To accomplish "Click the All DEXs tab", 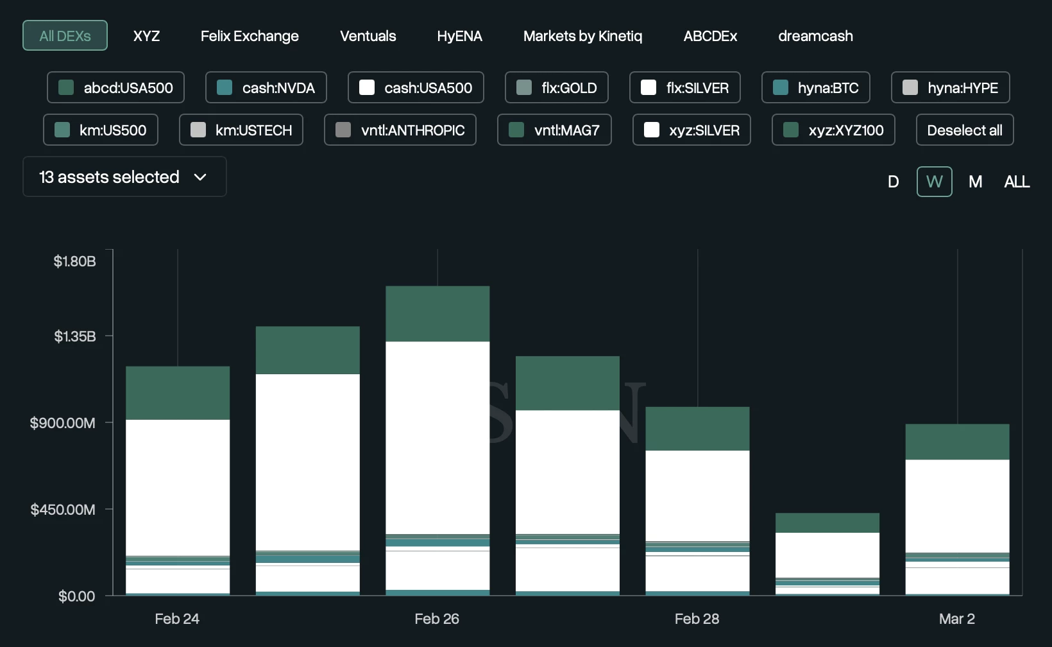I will tap(65, 36).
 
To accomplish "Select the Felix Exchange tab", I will tap(250, 36).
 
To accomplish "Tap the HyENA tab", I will tap(459, 36).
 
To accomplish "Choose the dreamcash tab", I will tap(815, 36).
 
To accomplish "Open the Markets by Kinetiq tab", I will tap(582, 36).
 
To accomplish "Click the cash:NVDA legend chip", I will tap(266, 88).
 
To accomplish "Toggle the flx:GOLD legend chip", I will tap(557, 88).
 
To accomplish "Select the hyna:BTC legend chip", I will tap(816, 88).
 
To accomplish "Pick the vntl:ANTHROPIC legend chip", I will tap(400, 130).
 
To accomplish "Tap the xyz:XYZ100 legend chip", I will tap(833, 130).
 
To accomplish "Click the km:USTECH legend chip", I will tap(241, 130).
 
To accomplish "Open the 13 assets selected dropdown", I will tap(124, 177).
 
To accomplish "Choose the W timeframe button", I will tap(934, 182).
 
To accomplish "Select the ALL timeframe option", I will tap(1017, 182).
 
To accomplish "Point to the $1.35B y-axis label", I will tap(75, 336).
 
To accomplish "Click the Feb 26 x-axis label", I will tap(437, 619).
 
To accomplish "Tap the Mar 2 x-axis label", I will tap(956, 619).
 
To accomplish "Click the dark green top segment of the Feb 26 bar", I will tap(437, 314).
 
